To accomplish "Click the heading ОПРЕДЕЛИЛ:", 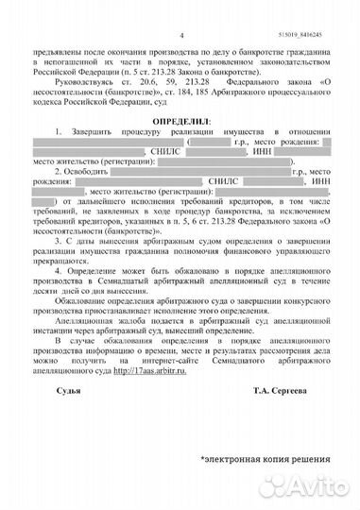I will pos(180,123).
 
